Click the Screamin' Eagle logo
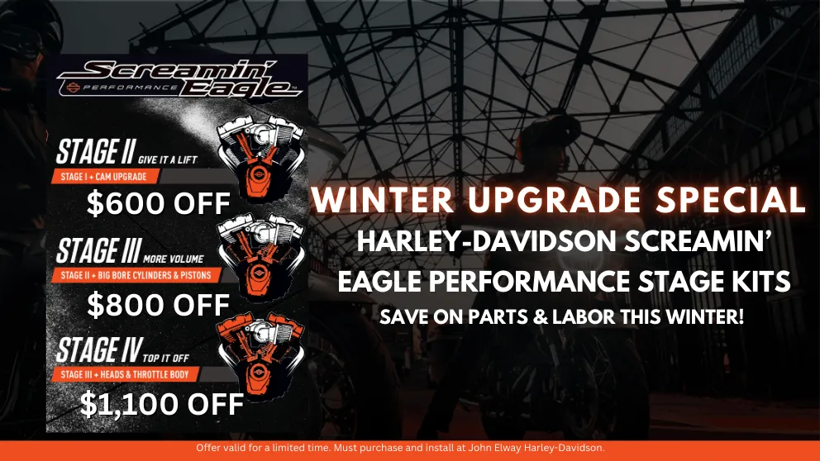[x=179, y=79]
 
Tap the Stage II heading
[x=96, y=151]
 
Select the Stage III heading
[x=98, y=250]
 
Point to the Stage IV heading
[x=99, y=349]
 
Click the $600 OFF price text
[x=159, y=203]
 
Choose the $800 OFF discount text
[x=159, y=305]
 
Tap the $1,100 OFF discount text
[x=161, y=404]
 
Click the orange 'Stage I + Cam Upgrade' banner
[x=105, y=177]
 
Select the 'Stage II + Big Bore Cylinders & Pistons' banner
[x=136, y=275]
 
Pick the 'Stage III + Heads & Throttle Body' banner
[x=125, y=374]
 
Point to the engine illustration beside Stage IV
[x=261, y=355]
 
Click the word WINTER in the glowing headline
[x=383, y=200]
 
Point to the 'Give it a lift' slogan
[x=167, y=160]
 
